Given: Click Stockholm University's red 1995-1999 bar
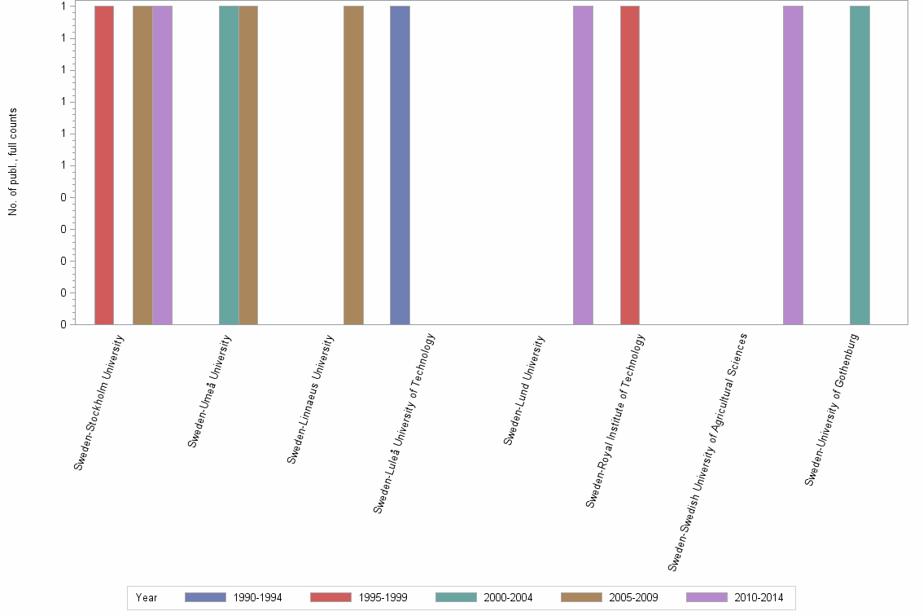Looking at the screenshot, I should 104,165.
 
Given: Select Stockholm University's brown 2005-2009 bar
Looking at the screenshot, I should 142,165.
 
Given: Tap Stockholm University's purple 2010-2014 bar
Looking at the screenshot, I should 162,165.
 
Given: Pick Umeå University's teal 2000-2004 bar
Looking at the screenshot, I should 229,165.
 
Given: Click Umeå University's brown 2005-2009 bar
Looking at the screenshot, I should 248,165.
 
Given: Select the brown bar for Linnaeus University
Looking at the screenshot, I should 353,165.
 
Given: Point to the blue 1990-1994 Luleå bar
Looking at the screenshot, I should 400,165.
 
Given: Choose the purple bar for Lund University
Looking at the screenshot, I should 583,165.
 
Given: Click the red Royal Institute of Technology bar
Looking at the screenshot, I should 630,165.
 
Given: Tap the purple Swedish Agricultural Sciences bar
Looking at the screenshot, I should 793,165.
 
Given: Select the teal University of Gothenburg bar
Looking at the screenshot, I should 860,165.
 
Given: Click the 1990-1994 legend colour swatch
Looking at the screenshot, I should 205,597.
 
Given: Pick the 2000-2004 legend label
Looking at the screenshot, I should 507,598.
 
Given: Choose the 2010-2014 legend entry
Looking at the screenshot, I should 758,598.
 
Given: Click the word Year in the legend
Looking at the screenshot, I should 147,598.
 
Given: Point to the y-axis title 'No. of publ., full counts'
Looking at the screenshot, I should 13,162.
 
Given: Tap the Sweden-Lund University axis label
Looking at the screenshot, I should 523,391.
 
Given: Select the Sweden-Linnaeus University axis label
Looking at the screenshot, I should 310,399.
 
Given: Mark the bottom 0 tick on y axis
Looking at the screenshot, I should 62,324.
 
